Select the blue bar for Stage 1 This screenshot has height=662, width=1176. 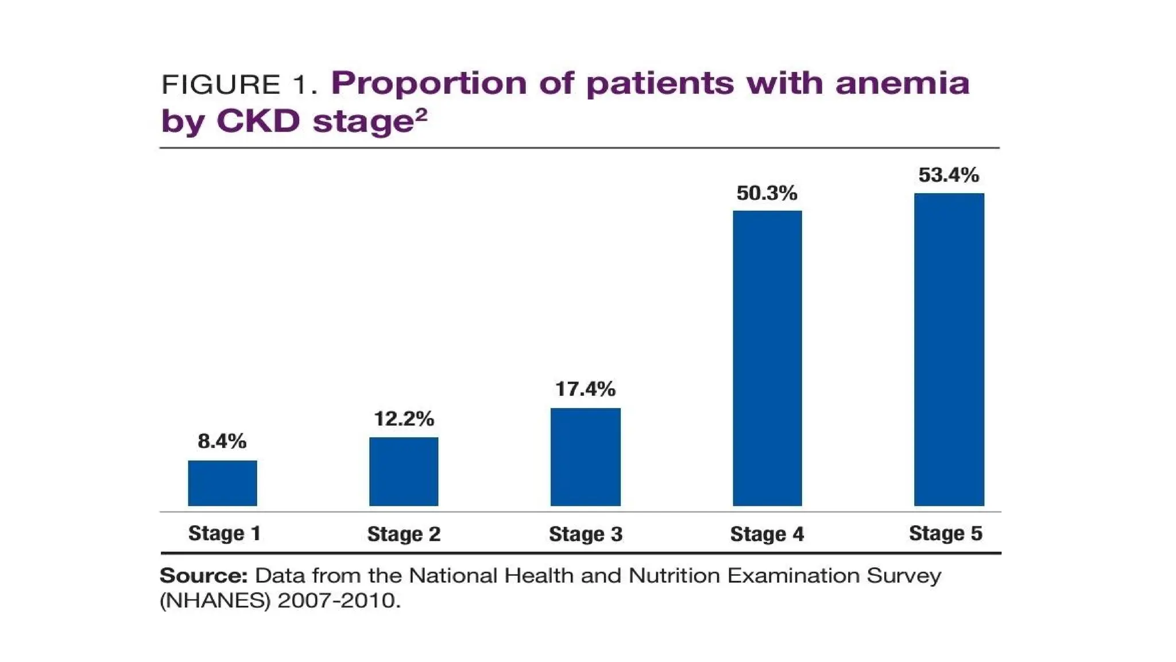[222, 483]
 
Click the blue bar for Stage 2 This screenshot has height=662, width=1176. [404, 471]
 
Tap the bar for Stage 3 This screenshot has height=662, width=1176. [585, 457]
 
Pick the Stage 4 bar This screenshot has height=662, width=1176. [767, 358]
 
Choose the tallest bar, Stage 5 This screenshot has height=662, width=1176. [949, 349]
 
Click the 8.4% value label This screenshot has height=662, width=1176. [222, 441]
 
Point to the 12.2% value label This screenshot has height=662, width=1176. [404, 419]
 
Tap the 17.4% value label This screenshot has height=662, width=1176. [585, 390]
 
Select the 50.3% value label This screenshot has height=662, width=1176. [767, 193]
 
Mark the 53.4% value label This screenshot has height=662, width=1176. [949, 175]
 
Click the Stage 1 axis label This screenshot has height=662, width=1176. [225, 533]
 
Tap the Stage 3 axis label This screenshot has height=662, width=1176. [585, 534]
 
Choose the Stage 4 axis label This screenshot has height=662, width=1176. [767, 534]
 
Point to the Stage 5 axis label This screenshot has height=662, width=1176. [945, 533]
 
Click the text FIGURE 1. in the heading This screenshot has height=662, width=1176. [239, 85]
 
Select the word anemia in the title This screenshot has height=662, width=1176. [902, 83]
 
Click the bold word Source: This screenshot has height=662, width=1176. [203, 575]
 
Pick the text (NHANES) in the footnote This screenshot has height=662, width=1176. [215, 601]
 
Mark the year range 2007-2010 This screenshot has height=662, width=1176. [339, 601]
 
